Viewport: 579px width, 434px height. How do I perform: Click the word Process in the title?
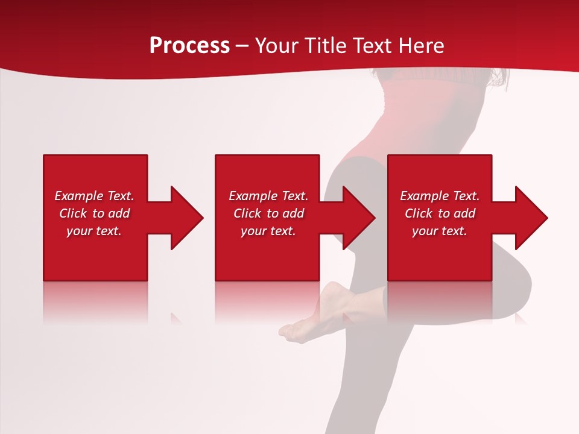coord(189,46)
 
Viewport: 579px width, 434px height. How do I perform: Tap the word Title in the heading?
coord(326,46)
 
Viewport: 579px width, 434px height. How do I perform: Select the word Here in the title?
coord(420,46)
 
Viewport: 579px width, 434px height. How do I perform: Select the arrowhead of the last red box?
coord(531,218)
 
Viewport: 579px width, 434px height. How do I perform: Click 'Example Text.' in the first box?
coord(94,196)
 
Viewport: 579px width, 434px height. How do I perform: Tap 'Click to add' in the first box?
coord(94,213)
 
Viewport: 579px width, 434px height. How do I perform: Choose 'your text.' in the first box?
coord(94,231)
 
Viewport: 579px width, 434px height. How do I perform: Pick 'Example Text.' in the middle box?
coord(268,196)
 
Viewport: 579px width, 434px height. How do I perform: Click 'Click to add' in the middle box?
coord(268,213)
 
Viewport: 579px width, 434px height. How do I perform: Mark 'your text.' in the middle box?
coord(268,231)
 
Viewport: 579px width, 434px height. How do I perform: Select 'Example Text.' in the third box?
coord(440,196)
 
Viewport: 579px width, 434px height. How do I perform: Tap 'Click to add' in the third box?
coord(440,213)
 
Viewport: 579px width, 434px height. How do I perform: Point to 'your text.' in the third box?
coord(440,231)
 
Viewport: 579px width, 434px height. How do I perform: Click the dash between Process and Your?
coord(242,46)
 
